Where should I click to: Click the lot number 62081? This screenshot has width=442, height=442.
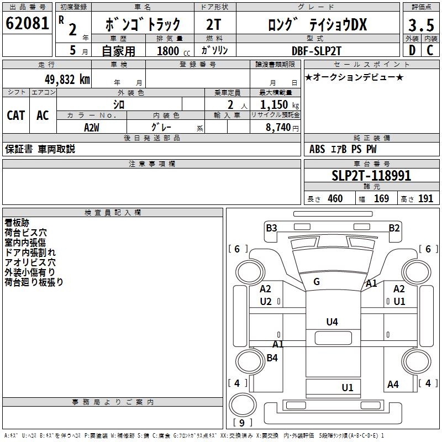click(27, 24)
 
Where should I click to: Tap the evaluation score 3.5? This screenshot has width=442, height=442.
click(420, 25)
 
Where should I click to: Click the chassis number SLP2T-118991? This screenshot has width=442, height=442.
click(371, 176)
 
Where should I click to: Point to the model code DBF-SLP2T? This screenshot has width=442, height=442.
click(317, 50)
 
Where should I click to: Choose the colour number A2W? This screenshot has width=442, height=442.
click(92, 127)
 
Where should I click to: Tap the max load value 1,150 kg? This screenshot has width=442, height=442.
click(276, 104)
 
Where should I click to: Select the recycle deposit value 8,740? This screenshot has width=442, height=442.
click(276, 127)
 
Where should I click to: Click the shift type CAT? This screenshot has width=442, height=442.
click(16, 115)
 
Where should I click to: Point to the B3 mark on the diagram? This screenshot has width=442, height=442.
click(271, 228)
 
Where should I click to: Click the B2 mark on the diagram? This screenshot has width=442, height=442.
click(394, 228)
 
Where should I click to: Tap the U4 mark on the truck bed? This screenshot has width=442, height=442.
click(332, 322)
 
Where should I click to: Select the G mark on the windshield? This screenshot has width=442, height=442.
click(317, 282)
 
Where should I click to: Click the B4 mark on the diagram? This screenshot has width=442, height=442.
click(272, 357)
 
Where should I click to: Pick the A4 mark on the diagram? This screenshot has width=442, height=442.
click(393, 385)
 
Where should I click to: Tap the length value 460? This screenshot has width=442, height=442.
click(335, 198)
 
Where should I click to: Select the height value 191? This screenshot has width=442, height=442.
click(425, 198)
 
